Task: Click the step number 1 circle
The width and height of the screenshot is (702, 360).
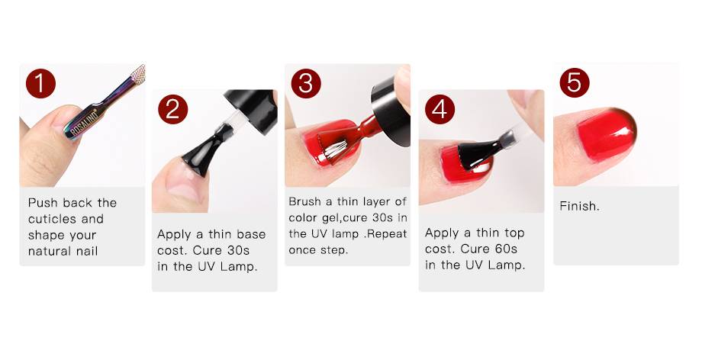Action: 40,84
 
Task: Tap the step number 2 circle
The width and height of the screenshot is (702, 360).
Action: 172,109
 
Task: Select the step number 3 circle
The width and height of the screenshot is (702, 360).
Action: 306,83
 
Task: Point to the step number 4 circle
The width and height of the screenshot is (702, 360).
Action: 440,109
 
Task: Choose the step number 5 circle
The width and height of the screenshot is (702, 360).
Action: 575,83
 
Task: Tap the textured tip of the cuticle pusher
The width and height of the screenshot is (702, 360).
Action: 138,74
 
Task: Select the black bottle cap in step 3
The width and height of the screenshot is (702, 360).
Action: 391,110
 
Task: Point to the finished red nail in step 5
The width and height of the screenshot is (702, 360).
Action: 607,133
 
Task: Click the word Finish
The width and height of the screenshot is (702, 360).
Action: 579,206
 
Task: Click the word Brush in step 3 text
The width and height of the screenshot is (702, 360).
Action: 305,201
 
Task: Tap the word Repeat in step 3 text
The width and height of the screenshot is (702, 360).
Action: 388,233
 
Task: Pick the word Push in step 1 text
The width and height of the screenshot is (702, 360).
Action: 43,203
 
